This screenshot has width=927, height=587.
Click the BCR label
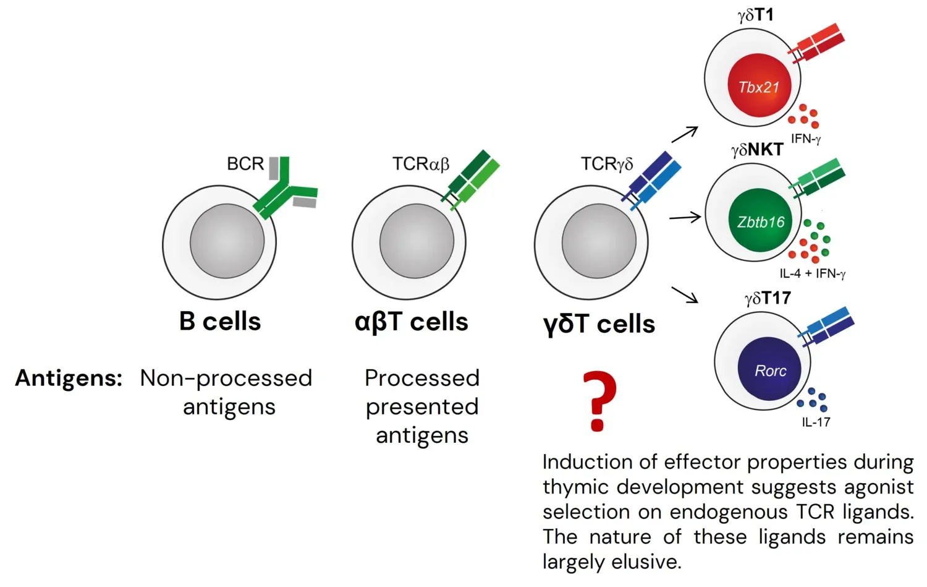coord(245,164)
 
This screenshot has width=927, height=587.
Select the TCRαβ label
coord(420,164)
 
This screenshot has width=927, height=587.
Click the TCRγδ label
coord(606,164)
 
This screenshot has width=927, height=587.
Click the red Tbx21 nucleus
coord(759,87)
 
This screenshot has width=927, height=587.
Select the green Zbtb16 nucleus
coord(760,222)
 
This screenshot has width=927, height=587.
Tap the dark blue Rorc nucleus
coord(770,371)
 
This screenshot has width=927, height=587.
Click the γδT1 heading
coord(755,15)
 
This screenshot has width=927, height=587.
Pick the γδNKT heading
coord(757,150)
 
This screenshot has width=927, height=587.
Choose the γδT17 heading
coord(768,298)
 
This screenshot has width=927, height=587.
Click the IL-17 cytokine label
coord(816,422)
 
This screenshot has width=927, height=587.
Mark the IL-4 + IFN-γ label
coord(812,273)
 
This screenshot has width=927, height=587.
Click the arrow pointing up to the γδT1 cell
coord(685,134)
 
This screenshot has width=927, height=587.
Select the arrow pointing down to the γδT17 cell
coord(685,295)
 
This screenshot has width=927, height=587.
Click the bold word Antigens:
coord(69,378)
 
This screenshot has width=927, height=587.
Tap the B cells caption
coord(220,322)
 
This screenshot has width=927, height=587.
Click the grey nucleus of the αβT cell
coord(417,241)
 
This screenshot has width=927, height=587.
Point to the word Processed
coord(421,378)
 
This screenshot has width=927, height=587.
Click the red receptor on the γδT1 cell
coord(819,43)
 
